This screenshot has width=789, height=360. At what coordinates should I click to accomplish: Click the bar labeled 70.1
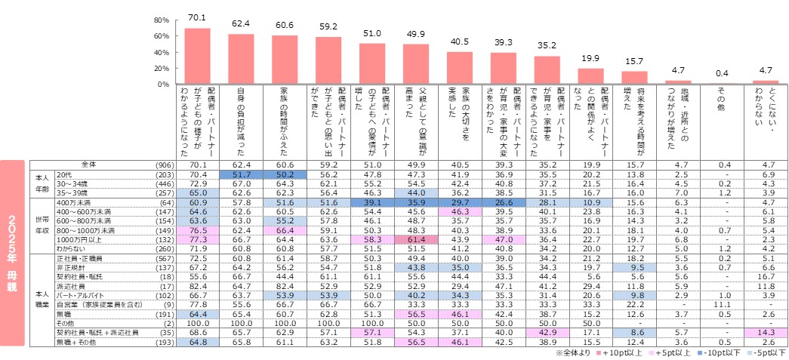click(197, 56)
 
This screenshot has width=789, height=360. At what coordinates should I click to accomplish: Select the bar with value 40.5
click(460, 68)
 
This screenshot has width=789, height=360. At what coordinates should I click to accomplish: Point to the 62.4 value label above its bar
click(241, 24)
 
